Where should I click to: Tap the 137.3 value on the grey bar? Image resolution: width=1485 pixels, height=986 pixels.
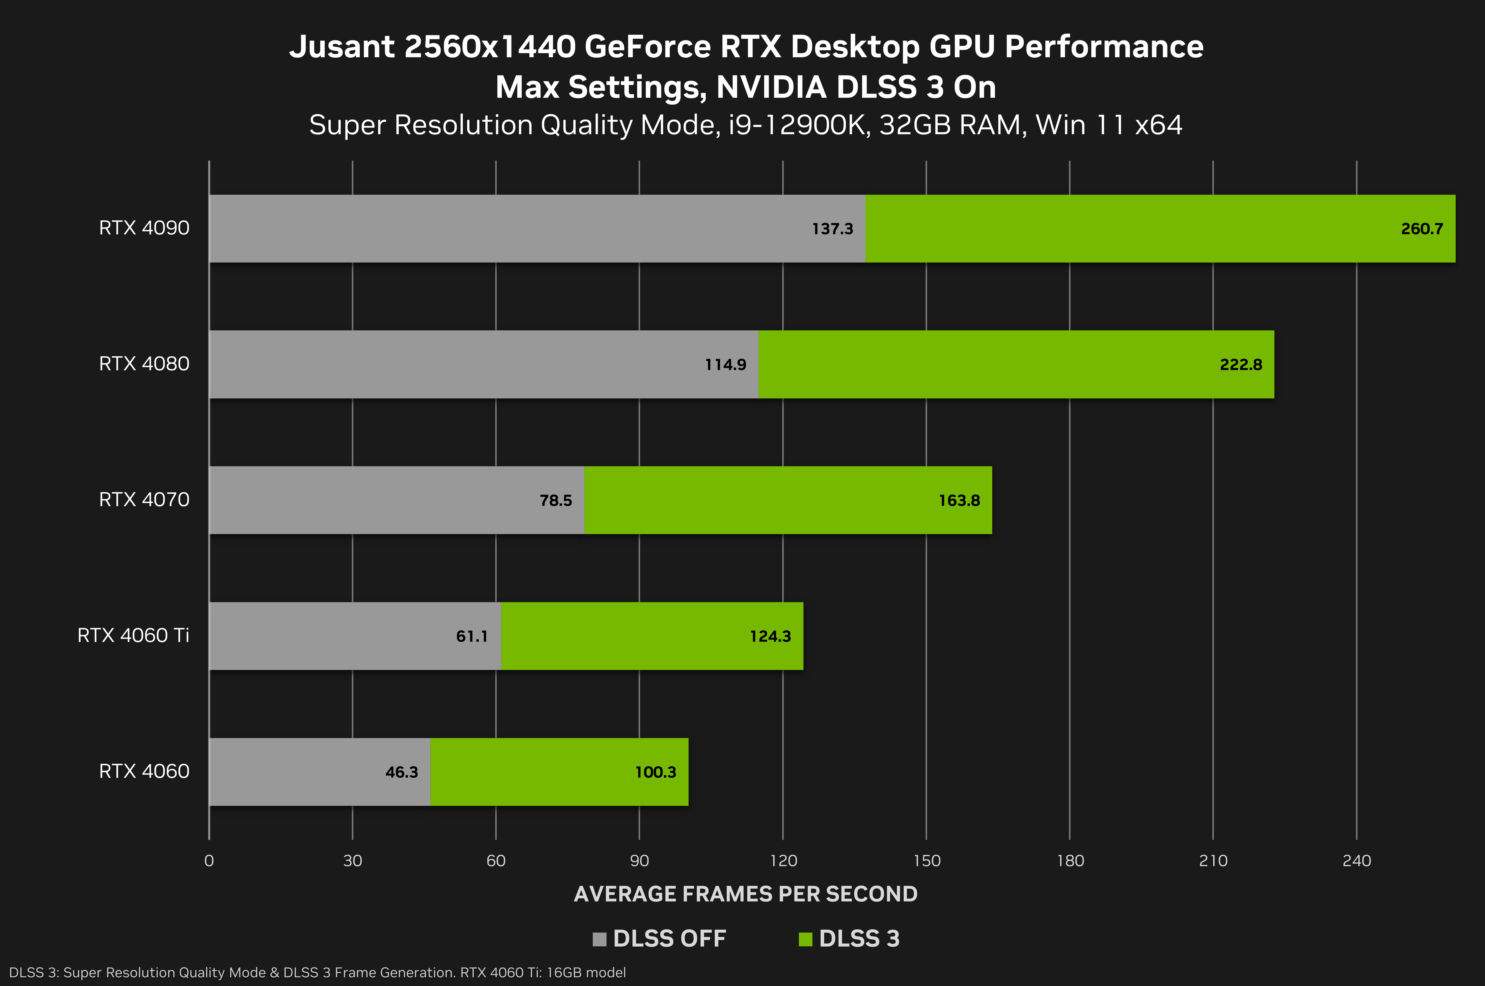(x=832, y=229)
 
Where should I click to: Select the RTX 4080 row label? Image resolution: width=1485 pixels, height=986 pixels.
(x=144, y=364)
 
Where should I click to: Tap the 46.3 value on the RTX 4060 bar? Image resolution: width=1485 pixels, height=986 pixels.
(x=401, y=772)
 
